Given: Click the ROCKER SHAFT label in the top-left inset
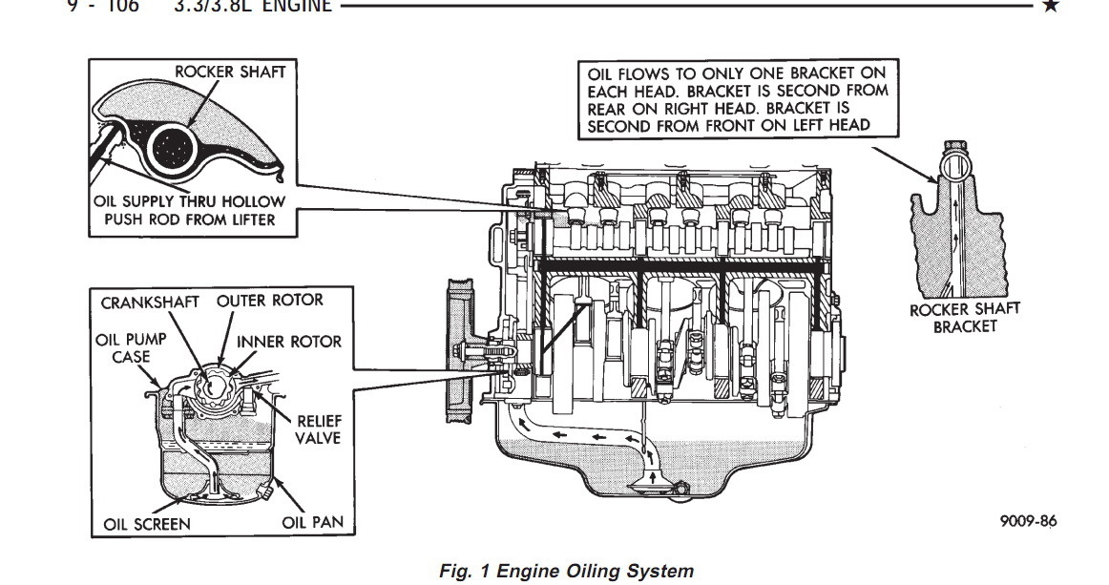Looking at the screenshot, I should (x=229, y=72).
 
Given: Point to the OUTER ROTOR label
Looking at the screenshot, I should (x=270, y=300).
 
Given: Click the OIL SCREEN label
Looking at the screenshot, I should (x=147, y=524).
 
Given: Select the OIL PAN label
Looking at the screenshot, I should (x=312, y=522).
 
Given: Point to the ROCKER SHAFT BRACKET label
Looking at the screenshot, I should (x=964, y=317).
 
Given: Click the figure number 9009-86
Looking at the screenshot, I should (x=1030, y=521).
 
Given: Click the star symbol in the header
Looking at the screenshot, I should (x=1051, y=6).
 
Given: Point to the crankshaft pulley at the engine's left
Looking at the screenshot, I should (x=459, y=347).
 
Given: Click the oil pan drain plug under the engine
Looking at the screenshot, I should (x=680, y=490).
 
